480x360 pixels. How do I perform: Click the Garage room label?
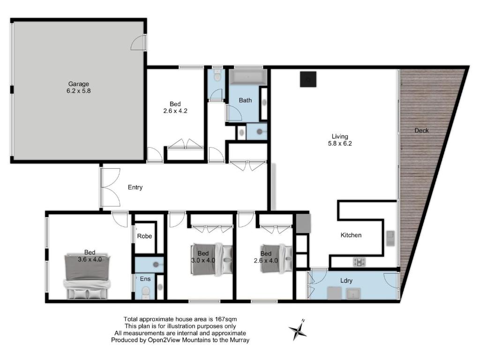79,84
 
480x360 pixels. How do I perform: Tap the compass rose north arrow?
298,330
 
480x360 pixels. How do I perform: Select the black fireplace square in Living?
308,79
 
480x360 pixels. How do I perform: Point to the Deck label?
421,131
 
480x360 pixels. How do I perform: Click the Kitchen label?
351,235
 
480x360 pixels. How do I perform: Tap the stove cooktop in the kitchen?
360,262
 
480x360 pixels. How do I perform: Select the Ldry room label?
346,281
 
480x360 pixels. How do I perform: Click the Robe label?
144,236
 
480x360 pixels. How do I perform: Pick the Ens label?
145,279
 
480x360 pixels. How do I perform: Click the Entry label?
135,187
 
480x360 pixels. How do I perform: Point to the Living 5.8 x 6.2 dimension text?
340,143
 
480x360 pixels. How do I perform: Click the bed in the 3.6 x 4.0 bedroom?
87,277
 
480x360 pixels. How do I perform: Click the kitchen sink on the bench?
390,238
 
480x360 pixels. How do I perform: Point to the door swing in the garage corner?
137,43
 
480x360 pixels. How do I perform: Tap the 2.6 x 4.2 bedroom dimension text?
175,111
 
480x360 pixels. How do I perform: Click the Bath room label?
245,100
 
